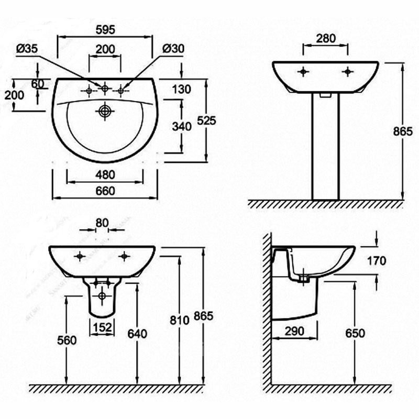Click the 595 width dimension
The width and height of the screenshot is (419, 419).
105,30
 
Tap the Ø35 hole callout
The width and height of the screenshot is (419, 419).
27,49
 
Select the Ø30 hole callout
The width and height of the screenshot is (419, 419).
173,49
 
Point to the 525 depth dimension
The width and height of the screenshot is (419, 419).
206,121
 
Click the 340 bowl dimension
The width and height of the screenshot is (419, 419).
182,126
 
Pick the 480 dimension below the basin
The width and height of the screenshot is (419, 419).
105,175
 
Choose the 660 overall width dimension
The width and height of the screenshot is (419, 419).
105,191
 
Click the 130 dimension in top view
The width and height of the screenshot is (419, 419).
181,89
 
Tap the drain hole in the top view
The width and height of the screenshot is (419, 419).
105,111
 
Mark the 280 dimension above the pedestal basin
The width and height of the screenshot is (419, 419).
326,38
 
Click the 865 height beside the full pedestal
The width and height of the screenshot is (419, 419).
403,131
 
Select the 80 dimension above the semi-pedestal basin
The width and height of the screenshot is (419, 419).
102,223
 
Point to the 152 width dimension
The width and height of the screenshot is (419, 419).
102,327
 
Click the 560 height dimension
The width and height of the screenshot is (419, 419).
67,340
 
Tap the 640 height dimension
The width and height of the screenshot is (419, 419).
137,334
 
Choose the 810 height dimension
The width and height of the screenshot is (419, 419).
179,320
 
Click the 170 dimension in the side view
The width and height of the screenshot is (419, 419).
377,261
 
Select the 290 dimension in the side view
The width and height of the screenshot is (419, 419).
294,332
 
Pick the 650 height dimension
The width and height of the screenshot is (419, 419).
355,334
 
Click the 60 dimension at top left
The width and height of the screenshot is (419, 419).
38,84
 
